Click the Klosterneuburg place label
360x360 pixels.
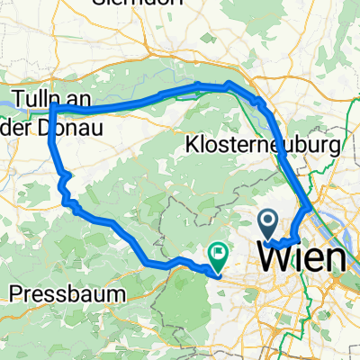[263, 145]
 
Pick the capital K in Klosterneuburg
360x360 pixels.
[193, 145]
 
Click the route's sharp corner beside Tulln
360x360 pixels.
[52, 106]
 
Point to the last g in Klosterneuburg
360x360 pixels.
[334, 148]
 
